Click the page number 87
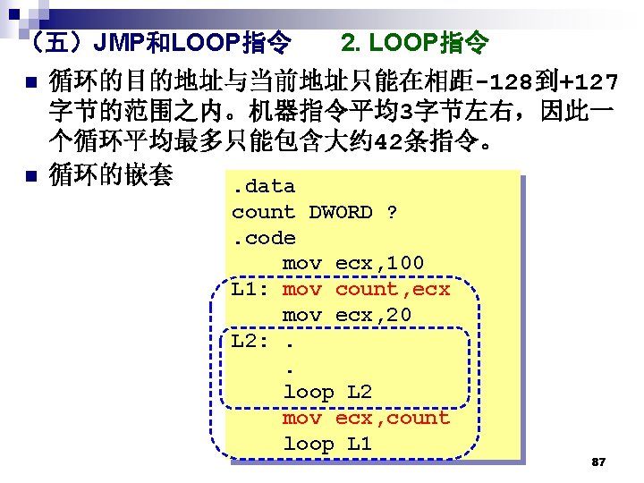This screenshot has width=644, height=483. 599,462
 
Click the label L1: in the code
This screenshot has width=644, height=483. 250,289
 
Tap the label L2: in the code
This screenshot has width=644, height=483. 250,341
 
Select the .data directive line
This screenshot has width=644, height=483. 263,186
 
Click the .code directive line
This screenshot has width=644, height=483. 263,237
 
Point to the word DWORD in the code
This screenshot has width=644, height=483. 341,212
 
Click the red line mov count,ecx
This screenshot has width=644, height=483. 366,289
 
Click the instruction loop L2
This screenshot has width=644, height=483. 327,392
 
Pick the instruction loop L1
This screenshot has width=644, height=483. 327,444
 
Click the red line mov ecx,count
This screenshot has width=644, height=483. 366,418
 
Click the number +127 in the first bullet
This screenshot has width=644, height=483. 587,84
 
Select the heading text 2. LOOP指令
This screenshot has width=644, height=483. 415,41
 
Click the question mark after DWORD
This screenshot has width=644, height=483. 392,212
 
